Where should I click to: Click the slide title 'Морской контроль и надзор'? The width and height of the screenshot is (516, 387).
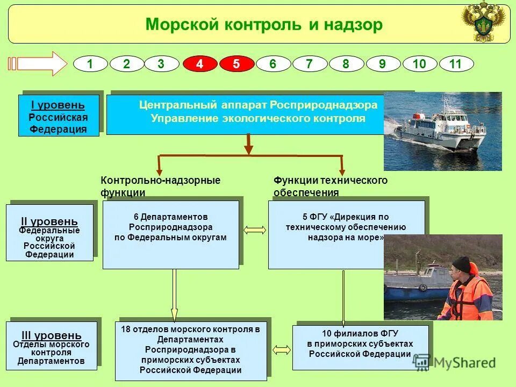(x=264, y=25)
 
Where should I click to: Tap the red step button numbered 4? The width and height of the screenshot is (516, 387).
(x=199, y=64)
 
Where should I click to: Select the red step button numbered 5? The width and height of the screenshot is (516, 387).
(x=236, y=64)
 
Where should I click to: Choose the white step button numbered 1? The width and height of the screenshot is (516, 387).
(x=90, y=64)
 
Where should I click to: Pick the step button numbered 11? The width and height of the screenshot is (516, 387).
(x=456, y=64)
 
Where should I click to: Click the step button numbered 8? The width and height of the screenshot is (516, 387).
(x=346, y=64)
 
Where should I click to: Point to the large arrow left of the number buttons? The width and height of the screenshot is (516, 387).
(x=37, y=64)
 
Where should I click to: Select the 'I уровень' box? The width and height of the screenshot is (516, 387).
(x=59, y=116)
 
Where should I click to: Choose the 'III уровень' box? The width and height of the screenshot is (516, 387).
(x=51, y=346)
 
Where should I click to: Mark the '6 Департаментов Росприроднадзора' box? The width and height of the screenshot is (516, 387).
(x=170, y=234)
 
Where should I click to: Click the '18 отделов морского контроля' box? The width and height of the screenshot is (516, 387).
(x=190, y=351)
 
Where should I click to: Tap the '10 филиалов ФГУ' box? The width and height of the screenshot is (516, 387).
(x=360, y=347)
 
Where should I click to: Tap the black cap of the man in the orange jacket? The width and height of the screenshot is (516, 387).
(x=461, y=264)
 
